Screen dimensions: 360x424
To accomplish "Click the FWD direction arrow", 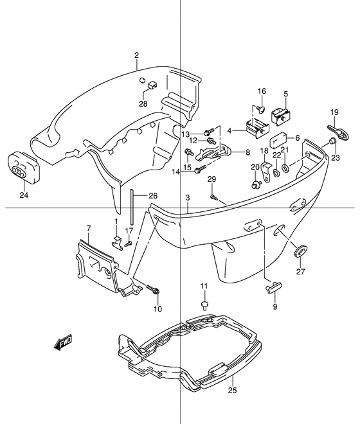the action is (x=63, y=342).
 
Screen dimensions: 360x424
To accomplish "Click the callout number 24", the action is (x=24, y=195).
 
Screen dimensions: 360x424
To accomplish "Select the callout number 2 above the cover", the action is (x=137, y=55).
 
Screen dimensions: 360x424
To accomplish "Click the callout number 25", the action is (x=232, y=390).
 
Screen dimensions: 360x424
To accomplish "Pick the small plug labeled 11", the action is (x=204, y=305).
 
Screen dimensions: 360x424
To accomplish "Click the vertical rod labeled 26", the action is (x=132, y=207).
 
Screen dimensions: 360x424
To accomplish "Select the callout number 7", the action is (x=89, y=229).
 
